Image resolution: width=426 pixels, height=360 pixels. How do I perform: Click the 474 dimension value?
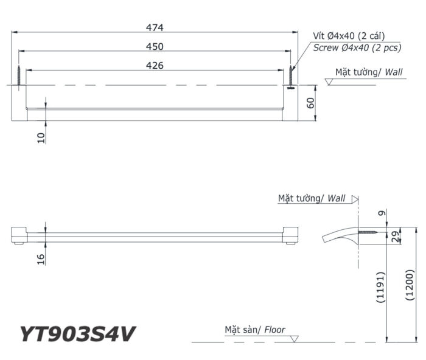click(155, 27)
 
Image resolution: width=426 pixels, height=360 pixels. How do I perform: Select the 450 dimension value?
click(155, 46)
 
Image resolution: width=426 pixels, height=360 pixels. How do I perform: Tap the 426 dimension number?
click(155, 66)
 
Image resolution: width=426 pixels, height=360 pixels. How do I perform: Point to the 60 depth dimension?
click(311, 102)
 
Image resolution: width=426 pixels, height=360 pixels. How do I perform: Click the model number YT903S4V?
click(77, 334)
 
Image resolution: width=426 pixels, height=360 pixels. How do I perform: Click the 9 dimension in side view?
click(381, 213)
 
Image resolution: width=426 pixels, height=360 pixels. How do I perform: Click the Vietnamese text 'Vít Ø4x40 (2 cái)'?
click(349, 36)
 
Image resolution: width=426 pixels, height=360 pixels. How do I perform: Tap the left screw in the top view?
click(19, 77)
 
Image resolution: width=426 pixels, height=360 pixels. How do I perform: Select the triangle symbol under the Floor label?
click(295, 338)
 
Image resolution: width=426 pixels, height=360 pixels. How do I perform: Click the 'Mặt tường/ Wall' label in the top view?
click(369, 72)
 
